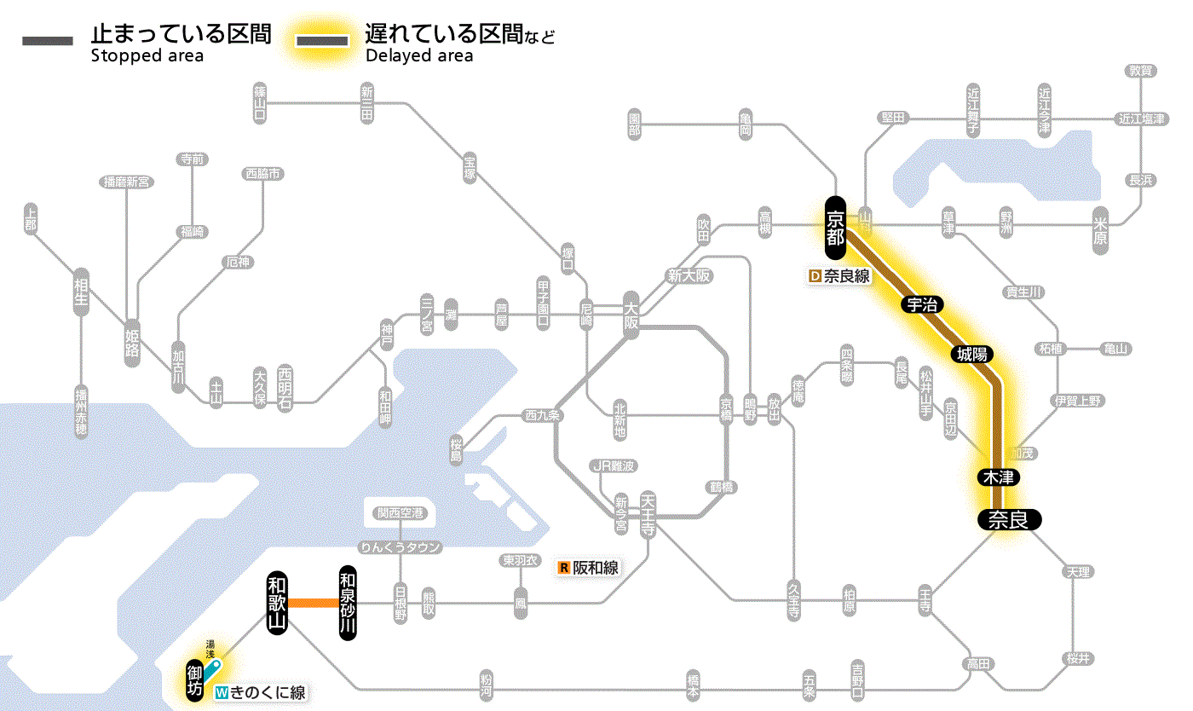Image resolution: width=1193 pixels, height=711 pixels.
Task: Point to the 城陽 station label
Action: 974,354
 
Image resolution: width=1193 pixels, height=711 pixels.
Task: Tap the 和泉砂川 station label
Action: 347,603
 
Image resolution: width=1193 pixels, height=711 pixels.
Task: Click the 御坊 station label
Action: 195,680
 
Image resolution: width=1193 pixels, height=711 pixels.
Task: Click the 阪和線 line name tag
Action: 589,568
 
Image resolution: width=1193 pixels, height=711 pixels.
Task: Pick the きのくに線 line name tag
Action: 260,693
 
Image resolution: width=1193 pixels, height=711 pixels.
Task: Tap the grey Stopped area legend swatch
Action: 48,41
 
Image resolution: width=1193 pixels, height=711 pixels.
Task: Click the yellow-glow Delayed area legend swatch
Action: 321,41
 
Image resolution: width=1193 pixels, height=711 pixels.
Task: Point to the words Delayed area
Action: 419,56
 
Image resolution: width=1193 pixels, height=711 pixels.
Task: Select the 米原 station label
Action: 1100,229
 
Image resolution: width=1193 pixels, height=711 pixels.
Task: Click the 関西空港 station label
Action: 402,513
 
